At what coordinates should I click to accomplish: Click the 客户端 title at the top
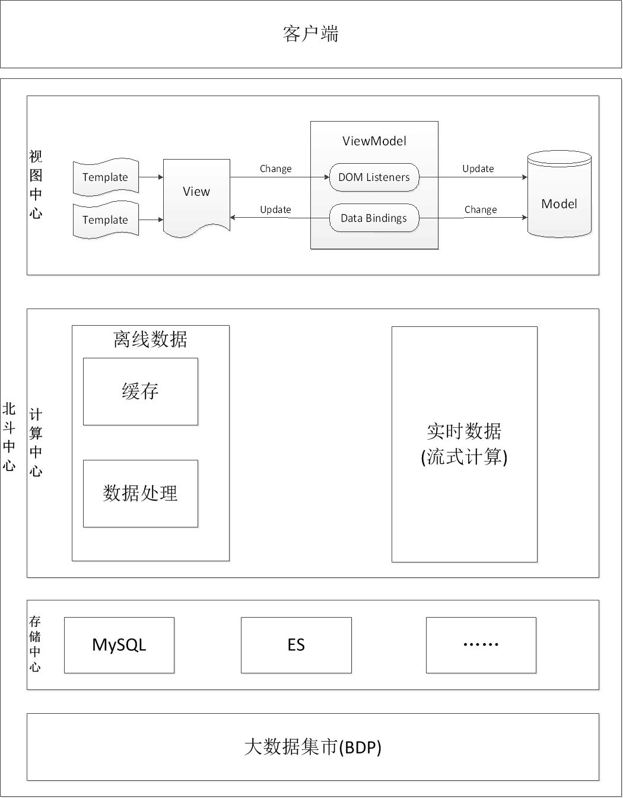tap(310, 34)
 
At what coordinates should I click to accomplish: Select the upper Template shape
tap(106, 177)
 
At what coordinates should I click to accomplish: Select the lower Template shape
tap(106, 220)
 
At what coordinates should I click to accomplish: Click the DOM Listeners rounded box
tap(374, 177)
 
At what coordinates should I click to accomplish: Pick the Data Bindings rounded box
tap(374, 218)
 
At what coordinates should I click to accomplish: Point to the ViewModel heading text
tap(374, 141)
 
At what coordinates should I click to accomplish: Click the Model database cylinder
tap(559, 193)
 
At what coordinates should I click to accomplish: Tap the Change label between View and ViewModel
tap(276, 168)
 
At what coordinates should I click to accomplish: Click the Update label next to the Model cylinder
tap(478, 168)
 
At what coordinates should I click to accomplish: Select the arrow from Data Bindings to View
tap(279, 218)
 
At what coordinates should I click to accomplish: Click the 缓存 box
tap(141, 392)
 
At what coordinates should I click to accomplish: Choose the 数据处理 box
tap(141, 494)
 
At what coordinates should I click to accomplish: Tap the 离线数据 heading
tap(150, 339)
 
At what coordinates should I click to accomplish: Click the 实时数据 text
tap(464, 431)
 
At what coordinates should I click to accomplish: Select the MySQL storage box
tap(119, 645)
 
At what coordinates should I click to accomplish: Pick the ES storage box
tap(296, 645)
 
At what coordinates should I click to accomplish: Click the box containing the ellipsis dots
tap(481, 645)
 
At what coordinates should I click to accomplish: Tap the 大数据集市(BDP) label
tap(313, 747)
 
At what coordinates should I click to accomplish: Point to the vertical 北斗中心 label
tap(9, 437)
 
